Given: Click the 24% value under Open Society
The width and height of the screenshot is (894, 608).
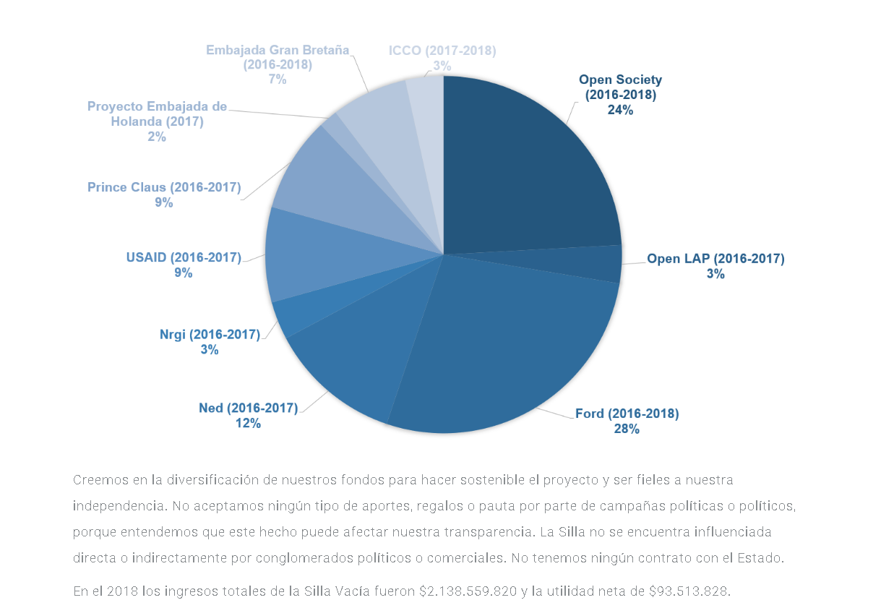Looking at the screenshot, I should point(620,110).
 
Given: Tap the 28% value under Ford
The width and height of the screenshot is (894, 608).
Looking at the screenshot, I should point(627,429).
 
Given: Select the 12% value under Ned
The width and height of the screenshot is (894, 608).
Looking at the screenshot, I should point(248,423).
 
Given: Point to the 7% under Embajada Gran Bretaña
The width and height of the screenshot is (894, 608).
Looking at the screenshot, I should point(278,79).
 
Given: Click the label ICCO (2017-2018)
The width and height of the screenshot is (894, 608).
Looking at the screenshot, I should point(442,51).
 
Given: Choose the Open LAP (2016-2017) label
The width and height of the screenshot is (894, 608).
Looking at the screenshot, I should point(715,258).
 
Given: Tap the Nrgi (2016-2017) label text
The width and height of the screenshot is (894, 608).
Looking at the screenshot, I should point(210,334).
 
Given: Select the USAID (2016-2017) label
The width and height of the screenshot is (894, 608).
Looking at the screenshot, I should point(184,257).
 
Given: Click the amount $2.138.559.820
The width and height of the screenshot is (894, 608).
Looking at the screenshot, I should point(468,591).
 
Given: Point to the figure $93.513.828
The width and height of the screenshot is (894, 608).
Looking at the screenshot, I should point(688,591).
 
